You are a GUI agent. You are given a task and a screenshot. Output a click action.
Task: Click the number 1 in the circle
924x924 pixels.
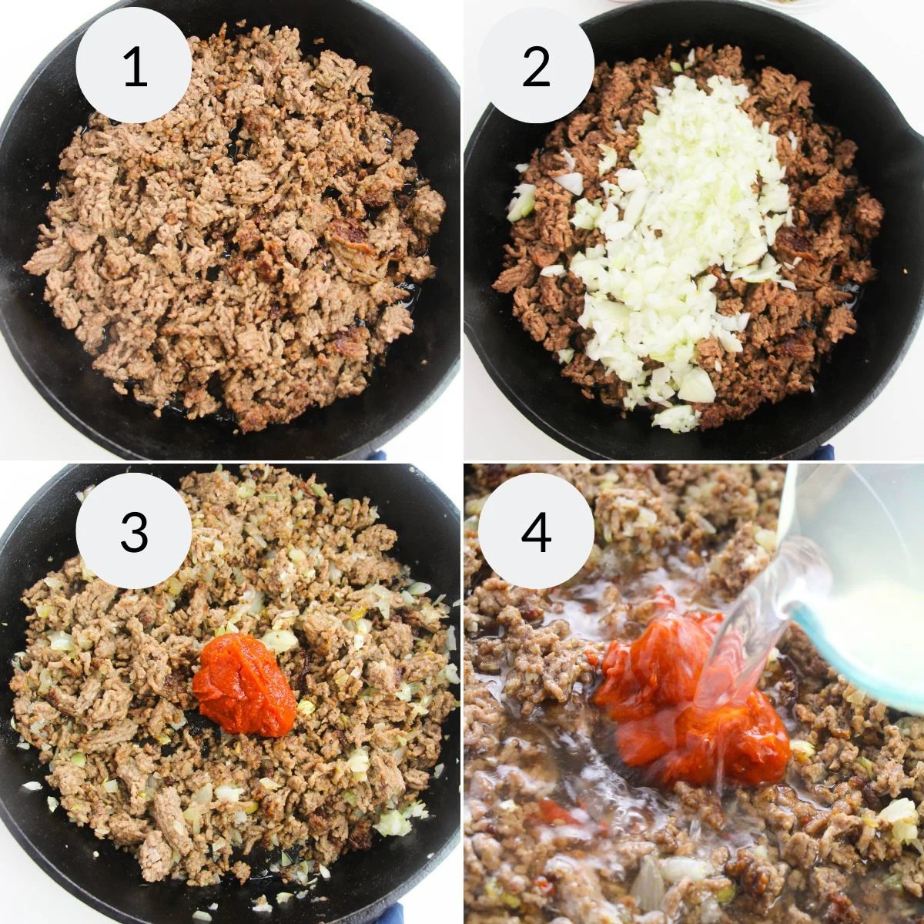pyautogui.click(x=134, y=67)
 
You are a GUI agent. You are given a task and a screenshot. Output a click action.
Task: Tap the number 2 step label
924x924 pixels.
pyautogui.click(x=536, y=67)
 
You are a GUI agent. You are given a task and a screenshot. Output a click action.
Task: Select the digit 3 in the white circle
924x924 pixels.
pyautogui.click(x=134, y=531)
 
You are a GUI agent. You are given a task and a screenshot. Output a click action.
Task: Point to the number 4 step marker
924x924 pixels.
pyautogui.click(x=536, y=531)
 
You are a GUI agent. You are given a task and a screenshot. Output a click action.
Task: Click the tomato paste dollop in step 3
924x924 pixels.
pyautogui.click(x=244, y=685)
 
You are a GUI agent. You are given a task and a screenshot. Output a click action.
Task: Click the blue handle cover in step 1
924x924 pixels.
pyautogui.click(x=377, y=455)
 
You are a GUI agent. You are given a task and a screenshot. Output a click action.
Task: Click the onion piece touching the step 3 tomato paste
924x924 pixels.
pyautogui.click(x=279, y=641)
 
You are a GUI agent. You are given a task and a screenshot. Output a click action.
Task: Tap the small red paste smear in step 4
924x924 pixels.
pyautogui.click(x=551, y=810)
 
